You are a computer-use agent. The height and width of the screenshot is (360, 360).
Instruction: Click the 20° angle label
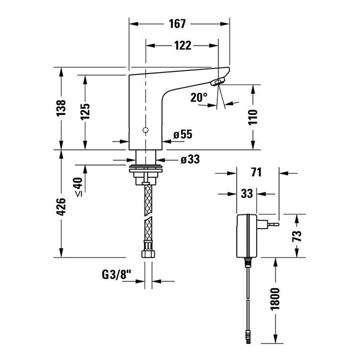(199, 97)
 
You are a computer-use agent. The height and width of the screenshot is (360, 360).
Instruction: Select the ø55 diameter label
(183, 135)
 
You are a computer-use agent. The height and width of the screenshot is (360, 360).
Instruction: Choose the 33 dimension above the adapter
(247, 194)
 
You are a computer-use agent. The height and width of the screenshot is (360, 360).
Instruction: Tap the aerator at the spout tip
(219, 81)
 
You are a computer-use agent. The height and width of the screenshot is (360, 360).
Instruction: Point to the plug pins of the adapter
(273, 225)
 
